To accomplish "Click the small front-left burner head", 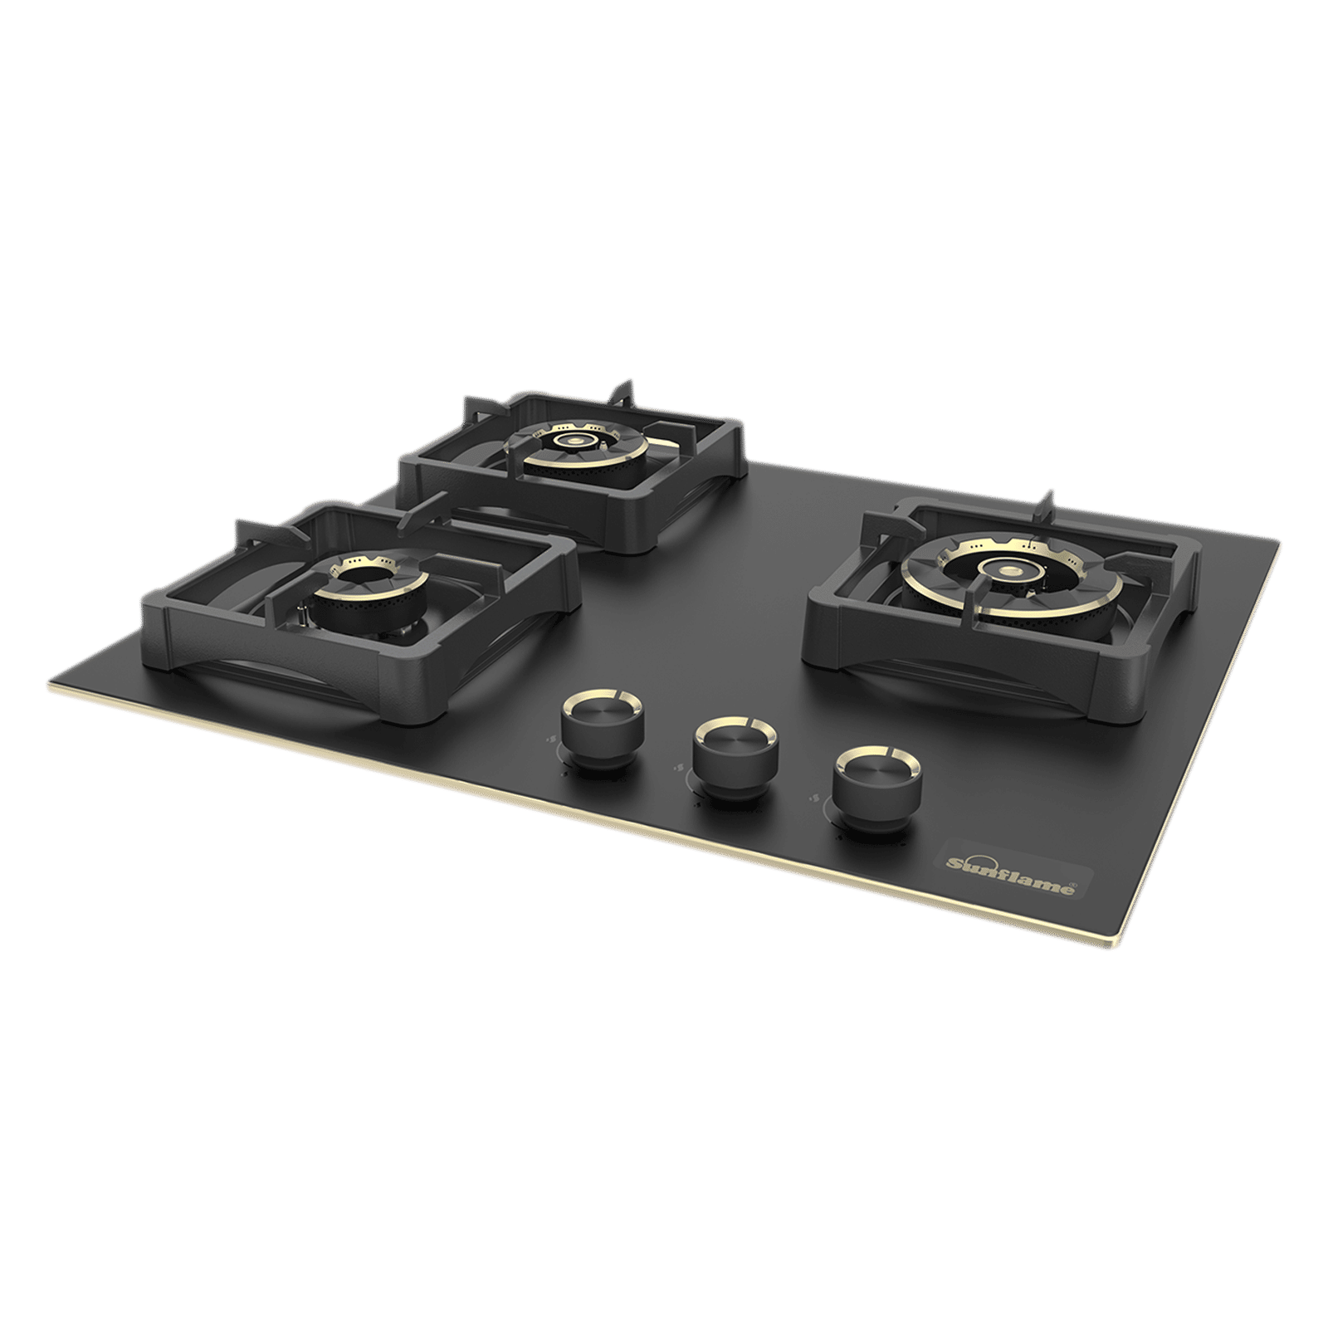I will click(367, 583).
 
